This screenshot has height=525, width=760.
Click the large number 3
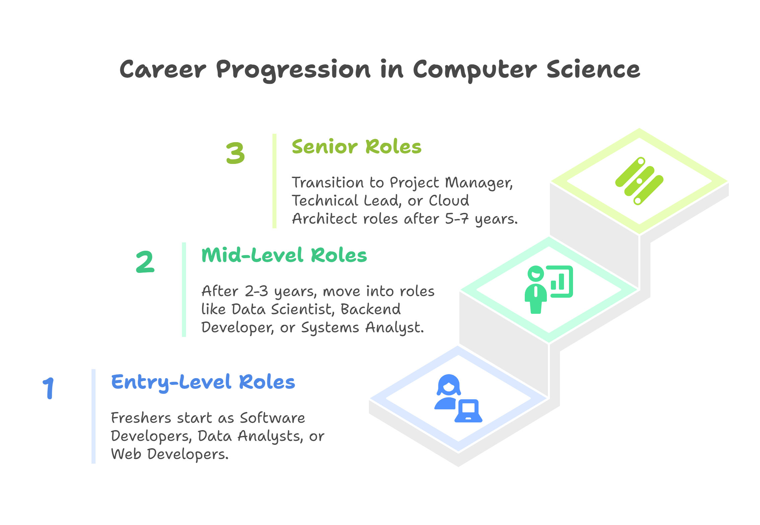(235, 153)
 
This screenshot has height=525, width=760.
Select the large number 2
(145, 261)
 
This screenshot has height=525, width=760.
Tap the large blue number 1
(49, 388)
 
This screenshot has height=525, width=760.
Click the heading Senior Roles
(357, 147)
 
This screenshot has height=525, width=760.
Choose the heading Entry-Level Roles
(203, 382)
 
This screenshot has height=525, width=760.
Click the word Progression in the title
(293, 70)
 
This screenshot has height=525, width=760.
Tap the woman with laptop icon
(458, 398)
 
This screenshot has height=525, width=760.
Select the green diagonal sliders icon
(639, 181)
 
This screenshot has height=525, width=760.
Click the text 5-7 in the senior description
(457, 219)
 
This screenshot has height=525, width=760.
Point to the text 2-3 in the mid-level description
(256, 291)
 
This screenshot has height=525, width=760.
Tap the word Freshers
(141, 418)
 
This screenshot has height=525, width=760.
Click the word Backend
(371, 309)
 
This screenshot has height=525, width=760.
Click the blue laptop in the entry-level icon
(468, 411)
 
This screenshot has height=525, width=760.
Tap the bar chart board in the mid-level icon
(560, 282)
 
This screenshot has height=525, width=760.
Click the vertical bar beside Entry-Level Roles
(93, 416)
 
